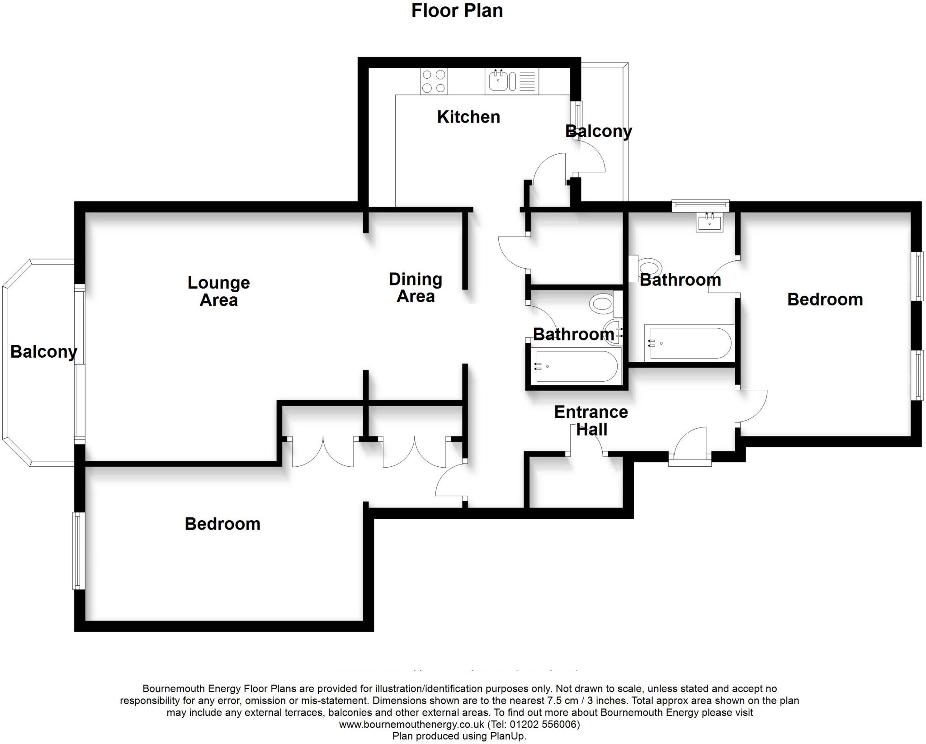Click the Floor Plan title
457,11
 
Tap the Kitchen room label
468,117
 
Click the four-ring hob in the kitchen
434,81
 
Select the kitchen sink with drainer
511,81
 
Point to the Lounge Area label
219,291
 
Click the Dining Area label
416,288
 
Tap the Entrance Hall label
591,421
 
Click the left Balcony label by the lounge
43,352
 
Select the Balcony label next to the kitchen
598,131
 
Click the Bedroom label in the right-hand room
825,299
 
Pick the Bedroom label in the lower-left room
222,524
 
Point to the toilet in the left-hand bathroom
602,303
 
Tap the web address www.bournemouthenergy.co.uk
411,725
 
